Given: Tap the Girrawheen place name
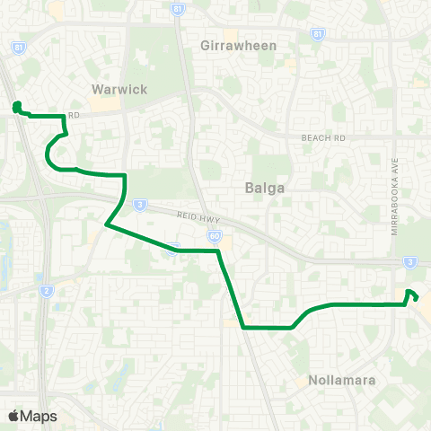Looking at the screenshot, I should tap(238, 45).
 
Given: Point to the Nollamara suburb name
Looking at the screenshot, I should tap(341, 381).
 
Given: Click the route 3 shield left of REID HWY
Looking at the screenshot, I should tap(140, 204).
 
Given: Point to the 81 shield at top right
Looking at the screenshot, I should tap(318, 33).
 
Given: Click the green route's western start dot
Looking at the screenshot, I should tap(16, 109).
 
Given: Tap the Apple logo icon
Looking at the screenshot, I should tap(13, 416).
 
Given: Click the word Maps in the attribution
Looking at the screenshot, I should tap(40, 416).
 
